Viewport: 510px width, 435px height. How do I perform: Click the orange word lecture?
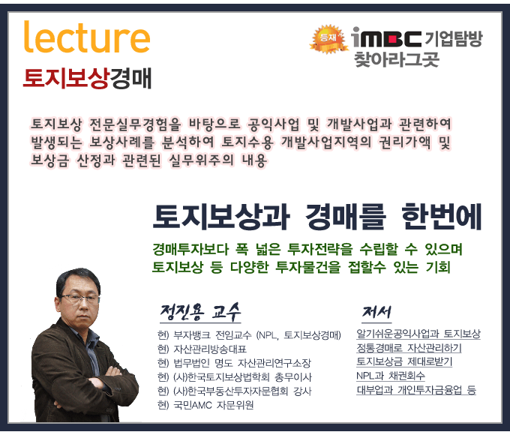87,37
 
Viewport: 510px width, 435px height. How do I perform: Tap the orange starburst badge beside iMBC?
328,39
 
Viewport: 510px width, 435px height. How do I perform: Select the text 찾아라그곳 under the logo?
397,59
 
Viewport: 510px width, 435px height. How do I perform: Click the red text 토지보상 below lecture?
65,79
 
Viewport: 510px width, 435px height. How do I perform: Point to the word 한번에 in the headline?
441,217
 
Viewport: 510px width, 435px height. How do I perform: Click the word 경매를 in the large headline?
346,217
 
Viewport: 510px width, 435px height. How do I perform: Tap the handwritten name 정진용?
181,313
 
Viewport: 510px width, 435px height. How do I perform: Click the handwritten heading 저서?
376,313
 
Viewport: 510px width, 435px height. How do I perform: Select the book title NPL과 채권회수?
390,376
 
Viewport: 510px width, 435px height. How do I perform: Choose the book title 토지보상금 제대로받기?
404,361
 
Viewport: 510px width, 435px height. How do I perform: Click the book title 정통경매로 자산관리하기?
409,348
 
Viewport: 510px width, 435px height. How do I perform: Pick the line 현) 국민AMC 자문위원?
205,406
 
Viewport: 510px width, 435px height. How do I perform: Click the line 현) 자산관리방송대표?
202,349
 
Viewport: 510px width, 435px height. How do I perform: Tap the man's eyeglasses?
79,298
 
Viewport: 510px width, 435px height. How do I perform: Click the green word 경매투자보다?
190,249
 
